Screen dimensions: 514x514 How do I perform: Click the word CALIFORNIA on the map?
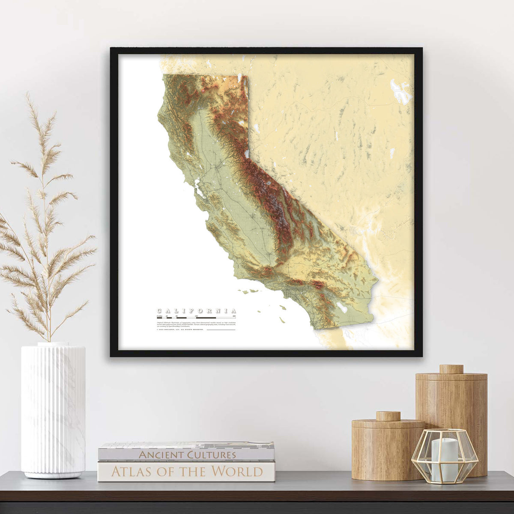(196, 311)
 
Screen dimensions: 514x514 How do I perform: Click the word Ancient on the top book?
(160, 454)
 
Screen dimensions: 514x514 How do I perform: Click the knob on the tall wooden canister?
(451, 369)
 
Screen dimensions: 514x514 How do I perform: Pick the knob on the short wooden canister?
(388, 415)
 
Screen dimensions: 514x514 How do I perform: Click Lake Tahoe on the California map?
(247, 154)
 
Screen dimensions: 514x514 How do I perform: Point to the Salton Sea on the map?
(342, 306)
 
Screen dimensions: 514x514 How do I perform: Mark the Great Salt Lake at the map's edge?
(401, 91)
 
